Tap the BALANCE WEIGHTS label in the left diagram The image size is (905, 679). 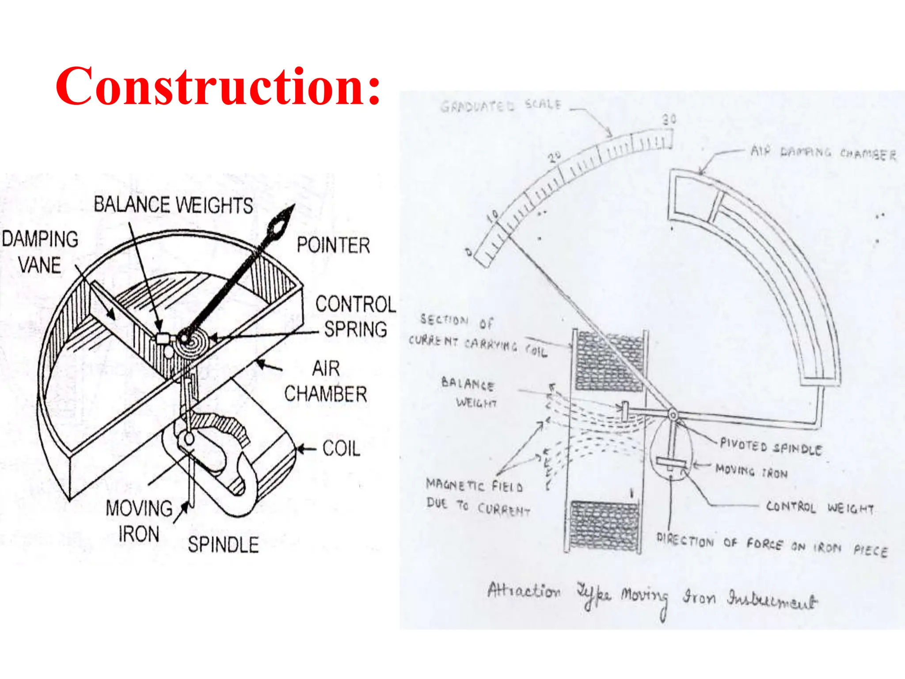[x=173, y=205]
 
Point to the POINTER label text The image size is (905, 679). [x=333, y=245]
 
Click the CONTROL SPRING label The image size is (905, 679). [x=355, y=317]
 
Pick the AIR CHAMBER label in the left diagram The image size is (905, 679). [x=326, y=381]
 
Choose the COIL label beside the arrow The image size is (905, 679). [x=341, y=449]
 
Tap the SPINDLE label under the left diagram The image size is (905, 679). [x=223, y=545]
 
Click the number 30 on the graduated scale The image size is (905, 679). [x=669, y=119]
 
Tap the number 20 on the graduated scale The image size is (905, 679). [x=555, y=157]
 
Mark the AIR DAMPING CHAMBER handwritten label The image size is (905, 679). [x=824, y=153]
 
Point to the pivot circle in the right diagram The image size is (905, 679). [x=673, y=415]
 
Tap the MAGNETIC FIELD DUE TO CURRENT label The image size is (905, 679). [x=477, y=497]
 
